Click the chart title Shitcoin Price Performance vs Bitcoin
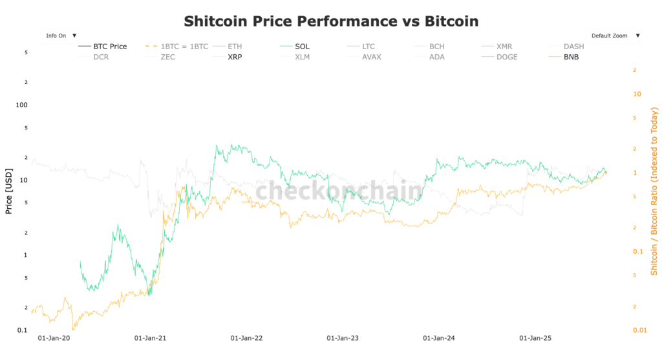click(x=331, y=21)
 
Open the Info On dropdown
click(x=60, y=36)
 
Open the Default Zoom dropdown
click(x=614, y=36)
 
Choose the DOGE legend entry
click(x=507, y=57)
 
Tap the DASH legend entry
click(x=573, y=47)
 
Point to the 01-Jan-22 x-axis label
click(x=246, y=338)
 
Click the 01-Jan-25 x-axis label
click(x=535, y=338)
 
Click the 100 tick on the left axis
click(x=21, y=105)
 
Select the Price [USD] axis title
click(x=8, y=191)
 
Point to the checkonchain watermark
click(x=338, y=191)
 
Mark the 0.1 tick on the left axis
click(x=23, y=330)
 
